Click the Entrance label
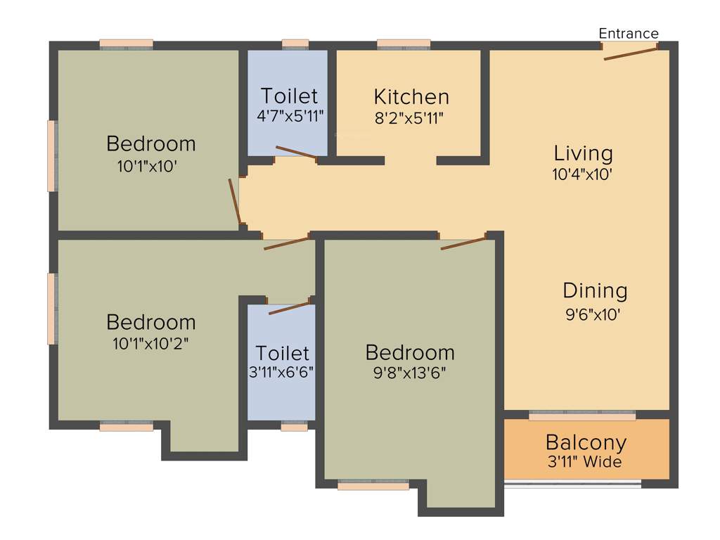(629, 33)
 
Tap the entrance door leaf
(630, 53)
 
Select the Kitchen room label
(411, 96)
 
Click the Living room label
(583, 153)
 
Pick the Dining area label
(595, 290)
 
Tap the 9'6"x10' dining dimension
(593, 315)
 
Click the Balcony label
(586, 442)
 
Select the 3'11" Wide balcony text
(584, 462)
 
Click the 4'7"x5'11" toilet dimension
(289, 115)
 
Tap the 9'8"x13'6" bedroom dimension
(410, 372)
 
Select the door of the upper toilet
(296, 153)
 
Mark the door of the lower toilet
(289, 307)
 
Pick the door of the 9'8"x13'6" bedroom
(463, 243)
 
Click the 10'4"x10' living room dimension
(583, 174)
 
